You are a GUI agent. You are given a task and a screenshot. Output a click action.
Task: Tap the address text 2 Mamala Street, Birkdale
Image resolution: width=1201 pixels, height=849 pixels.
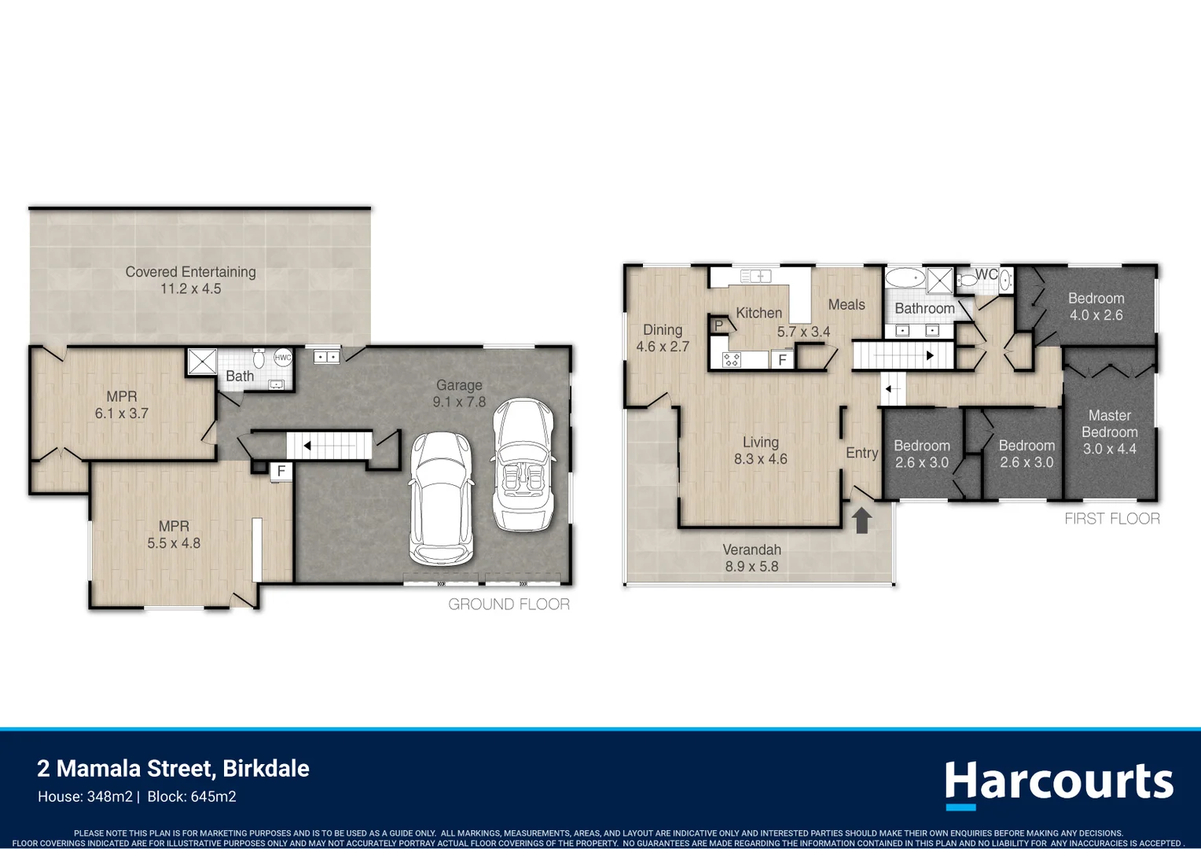coord(173,769)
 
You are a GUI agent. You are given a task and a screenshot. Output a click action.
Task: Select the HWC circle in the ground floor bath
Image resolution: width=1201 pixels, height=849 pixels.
coord(282,358)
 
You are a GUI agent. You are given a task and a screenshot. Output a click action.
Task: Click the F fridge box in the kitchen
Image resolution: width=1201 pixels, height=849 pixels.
coord(782,359)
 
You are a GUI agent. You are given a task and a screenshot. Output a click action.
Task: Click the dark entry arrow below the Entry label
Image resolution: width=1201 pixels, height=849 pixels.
coord(861,520)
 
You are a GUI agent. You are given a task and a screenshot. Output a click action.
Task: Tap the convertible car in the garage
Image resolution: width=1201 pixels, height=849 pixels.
coord(522,464)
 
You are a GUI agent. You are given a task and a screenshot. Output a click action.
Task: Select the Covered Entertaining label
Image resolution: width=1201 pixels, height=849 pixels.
coord(190,280)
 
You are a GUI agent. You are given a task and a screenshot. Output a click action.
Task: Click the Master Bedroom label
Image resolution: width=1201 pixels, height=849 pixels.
coord(1109,432)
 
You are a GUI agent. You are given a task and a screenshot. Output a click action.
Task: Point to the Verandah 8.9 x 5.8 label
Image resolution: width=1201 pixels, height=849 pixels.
coord(751,558)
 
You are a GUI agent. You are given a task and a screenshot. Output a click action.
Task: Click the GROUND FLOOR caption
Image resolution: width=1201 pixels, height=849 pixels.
coord(509,605)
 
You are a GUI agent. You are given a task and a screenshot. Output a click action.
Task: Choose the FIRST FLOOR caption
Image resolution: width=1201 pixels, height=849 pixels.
coord(1112,519)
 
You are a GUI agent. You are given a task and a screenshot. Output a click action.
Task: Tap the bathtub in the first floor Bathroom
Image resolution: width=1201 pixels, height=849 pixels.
coord(905,277)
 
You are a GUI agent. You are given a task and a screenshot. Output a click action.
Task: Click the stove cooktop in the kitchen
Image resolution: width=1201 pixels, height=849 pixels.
coord(731,359)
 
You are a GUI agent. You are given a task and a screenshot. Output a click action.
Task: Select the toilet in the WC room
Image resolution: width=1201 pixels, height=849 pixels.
coord(968,280)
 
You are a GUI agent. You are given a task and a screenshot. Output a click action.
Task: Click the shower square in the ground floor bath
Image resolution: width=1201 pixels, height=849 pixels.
coord(202,361)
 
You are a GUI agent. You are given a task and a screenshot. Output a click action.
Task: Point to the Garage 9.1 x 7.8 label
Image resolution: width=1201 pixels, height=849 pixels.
coord(460,393)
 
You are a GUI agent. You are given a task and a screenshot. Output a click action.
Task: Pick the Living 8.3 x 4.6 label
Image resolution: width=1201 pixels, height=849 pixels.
coord(760,450)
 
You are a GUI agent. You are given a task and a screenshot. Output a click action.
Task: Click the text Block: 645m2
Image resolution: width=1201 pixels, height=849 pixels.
coord(192,796)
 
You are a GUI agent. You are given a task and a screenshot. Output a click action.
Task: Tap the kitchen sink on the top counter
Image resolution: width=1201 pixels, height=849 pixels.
coord(756,276)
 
